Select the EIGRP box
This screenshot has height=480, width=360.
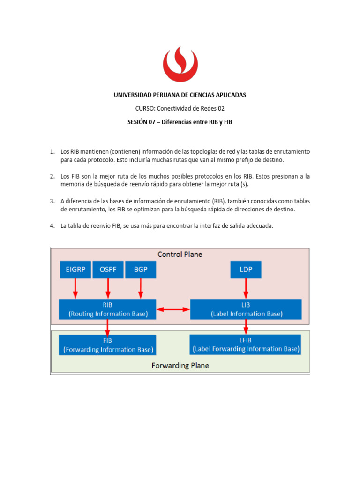click(75, 270)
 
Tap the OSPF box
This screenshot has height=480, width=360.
click(108, 270)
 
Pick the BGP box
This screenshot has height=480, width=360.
click(140, 270)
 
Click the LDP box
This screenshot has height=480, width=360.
click(246, 270)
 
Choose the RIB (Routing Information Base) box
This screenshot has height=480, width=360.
click(108, 309)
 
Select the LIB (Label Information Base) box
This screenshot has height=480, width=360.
click(246, 309)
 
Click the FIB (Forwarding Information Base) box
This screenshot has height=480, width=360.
click(108, 345)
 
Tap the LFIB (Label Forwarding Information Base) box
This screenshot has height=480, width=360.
click(246, 345)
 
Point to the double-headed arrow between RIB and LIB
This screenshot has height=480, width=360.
click(173, 309)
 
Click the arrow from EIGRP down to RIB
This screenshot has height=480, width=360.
click(75, 288)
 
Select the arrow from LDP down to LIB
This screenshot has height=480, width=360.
click(246, 288)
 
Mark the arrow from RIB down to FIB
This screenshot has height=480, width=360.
click(108, 327)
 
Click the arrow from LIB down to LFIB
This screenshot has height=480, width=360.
click(246, 327)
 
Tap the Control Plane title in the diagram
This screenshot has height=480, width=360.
click(180, 255)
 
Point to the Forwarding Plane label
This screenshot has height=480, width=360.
click(180, 365)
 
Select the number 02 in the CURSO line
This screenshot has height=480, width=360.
click(221, 108)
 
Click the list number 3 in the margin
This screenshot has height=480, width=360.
click(52, 201)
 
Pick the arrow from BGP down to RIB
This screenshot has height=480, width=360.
click(140, 288)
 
